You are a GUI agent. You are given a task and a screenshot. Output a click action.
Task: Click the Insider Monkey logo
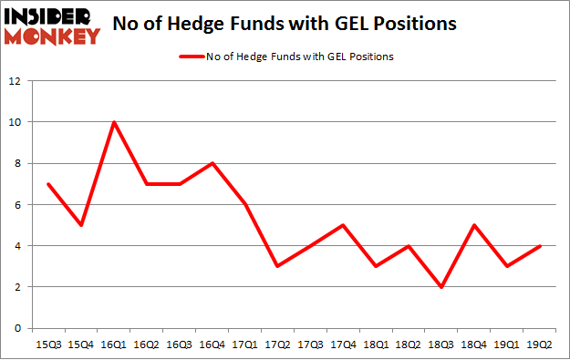coord(52,26)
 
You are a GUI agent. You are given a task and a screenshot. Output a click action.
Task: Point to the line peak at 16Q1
coord(113,122)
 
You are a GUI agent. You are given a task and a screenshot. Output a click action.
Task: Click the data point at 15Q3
coord(47,184)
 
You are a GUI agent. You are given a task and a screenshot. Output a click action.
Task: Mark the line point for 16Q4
coord(212,163)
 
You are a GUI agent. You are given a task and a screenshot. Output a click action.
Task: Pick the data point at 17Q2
coord(277,266)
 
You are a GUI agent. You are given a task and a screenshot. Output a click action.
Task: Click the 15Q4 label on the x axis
coord(80,345)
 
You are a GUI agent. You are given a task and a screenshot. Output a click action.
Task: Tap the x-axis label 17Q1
coord(244,345)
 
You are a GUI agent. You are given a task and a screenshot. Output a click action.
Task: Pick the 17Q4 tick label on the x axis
coord(343,345)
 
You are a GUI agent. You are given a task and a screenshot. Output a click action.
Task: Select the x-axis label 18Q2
coord(409,345)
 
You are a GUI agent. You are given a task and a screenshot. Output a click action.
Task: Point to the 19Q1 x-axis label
coord(507,345)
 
